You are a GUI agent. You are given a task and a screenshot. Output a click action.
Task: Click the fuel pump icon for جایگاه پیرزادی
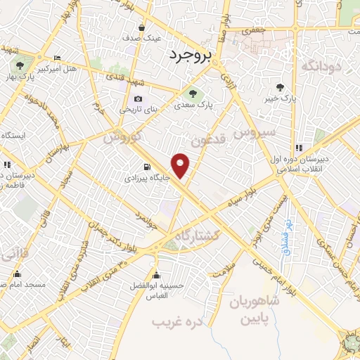146,167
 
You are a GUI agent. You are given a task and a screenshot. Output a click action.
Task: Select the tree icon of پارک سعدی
191,92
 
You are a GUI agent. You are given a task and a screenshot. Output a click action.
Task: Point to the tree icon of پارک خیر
281,87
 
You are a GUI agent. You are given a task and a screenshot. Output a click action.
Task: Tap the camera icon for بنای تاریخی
138,98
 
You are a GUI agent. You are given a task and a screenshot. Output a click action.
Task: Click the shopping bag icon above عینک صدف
142,27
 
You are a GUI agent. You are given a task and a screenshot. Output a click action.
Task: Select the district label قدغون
210,140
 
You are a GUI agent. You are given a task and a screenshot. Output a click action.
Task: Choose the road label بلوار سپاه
243,200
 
